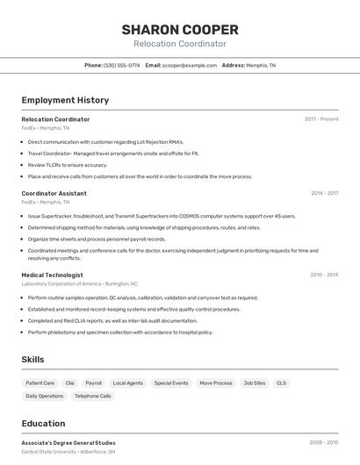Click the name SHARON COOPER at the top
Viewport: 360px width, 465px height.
pos(180,29)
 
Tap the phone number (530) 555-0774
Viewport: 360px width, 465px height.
pos(121,65)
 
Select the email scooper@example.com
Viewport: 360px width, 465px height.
pos(190,65)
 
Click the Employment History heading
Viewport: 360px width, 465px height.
pos(65,100)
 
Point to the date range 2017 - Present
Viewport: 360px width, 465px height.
pos(321,119)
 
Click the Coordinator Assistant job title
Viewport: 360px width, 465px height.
pos(54,193)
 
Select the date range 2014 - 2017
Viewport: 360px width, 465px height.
pos(324,193)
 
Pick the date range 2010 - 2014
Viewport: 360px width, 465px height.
pos(324,275)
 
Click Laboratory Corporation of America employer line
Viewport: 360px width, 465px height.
pos(79,284)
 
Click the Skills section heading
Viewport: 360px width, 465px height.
pos(32,359)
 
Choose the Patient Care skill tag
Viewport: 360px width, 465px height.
pos(40,383)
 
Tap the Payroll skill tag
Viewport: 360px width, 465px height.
pos(93,383)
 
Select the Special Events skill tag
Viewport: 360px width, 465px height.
pos(171,383)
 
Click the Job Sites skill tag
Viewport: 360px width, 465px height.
pos(254,383)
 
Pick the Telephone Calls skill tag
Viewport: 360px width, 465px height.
pos(92,397)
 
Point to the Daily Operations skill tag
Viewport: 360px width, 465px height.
pos(44,397)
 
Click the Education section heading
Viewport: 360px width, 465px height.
pos(43,423)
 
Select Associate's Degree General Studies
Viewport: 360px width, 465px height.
pos(68,443)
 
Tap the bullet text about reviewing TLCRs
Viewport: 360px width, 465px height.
pos(68,165)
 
